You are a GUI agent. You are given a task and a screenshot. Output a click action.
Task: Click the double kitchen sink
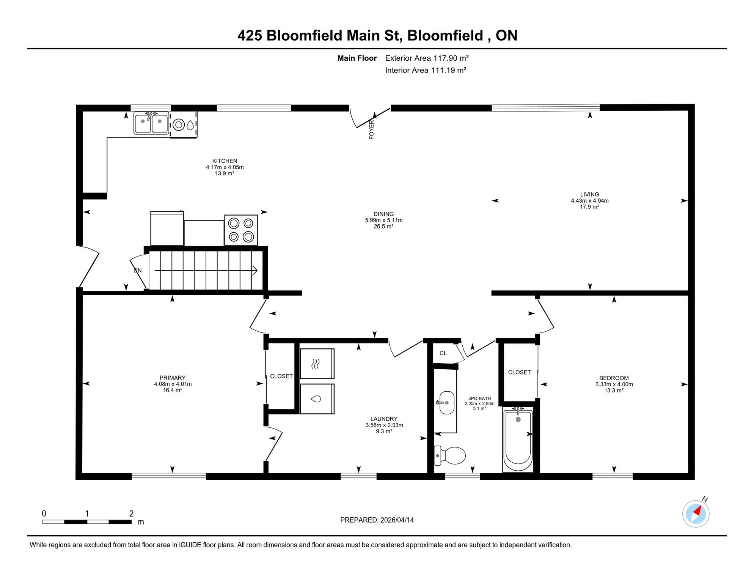pyautogui.click(x=151, y=123)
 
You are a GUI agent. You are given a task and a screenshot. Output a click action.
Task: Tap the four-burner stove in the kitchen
pyautogui.click(x=241, y=230)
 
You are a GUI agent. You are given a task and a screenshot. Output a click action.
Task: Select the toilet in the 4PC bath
pyautogui.click(x=450, y=455)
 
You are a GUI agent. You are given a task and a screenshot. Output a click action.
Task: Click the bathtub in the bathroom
pyautogui.click(x=518, y=439)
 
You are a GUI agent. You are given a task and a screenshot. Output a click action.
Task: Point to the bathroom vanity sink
pyautogui.click(x=446, y=403)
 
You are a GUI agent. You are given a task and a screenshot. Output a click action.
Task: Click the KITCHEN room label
pyautogui.click(x=225, y=161)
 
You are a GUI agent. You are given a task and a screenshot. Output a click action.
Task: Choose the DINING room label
pyautogui.click(x=383, y=214)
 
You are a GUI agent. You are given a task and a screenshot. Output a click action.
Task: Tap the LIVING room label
pyautogui.click(x=589, y=194)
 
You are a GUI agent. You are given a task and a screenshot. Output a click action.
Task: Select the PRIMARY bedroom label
pyautogui.click(x=173, y=378)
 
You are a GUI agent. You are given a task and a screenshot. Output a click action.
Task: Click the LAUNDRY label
pyautogui.click(x=384, y=419)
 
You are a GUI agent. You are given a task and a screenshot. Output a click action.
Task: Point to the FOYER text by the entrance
pyautogui.click(x=371, y=129)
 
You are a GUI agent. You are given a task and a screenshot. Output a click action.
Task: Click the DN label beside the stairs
pyautogui.click(x=138, y=271)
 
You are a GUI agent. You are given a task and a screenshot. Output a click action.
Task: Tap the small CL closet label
pyautogui.click(x=443, y=353)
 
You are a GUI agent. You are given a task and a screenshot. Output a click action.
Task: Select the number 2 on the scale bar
pyautogui.click(x=131, y=514)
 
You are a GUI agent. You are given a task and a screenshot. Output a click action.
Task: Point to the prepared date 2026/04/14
pyautogui.click(x=396, y=520)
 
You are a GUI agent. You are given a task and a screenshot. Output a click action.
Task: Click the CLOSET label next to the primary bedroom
pyautogui.click(x=281, y=376)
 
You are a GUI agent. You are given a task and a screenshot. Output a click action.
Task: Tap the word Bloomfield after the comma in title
pyautogui.click(x=445, y=35)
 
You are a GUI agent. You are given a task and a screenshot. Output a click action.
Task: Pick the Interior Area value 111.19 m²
pyautogui.click(x=448, y=70)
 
